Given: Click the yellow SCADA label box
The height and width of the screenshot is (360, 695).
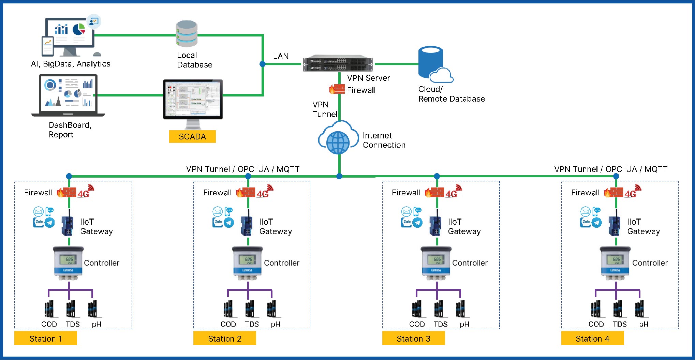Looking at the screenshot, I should click(x=192, y=136).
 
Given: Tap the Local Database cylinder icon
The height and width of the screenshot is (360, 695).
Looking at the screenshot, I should click(x=187, y=34).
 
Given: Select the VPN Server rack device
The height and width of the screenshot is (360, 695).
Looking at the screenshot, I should click(x=338, y=64).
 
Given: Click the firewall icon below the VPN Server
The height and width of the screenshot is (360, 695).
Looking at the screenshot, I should click(x=337, y=89).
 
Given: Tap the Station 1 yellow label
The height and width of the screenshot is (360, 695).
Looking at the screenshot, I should click(x=45, y=338).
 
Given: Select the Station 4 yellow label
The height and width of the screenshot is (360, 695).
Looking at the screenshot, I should click(x=592, y=338).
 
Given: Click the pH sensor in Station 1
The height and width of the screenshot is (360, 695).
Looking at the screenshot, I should click(x=93, y=309).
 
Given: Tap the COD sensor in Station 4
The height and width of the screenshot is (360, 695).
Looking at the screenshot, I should click(x=596, y=309).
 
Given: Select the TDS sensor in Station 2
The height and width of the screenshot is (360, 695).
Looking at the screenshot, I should click(x=250, y=309).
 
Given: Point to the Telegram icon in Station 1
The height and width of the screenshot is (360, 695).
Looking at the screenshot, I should click(x=50, y=223).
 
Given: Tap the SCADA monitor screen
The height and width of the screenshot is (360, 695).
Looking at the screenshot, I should click(x=193, y=99).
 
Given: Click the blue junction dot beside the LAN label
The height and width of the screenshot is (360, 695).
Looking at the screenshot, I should click(x=262, y=64).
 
